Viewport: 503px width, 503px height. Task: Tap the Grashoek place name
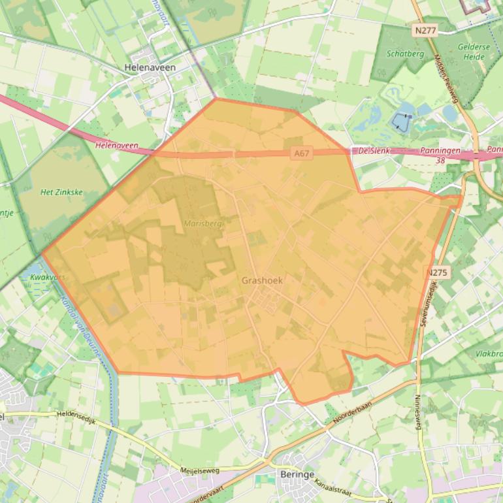(x=262, y=280)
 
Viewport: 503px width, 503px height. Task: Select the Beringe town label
(x=297, y=475)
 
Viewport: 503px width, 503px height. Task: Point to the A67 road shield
(x=302, y=154)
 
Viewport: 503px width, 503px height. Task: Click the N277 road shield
(x=425, y=30)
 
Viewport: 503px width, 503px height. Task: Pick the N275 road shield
(x=437, y=272)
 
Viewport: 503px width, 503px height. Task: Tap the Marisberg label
(x=203, y=223)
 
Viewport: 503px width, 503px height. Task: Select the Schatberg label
(x=405, y=54)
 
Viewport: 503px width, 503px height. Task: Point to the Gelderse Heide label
(x=471, y=52)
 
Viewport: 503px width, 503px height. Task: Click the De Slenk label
(x=374, y=150)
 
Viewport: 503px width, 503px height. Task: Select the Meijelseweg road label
(x=202, y=469)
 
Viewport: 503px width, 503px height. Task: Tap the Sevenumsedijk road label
(x=430, y=306)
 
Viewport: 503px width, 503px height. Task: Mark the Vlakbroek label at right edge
(x=489, y=353)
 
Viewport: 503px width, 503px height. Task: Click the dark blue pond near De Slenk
(x=400, y=120)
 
